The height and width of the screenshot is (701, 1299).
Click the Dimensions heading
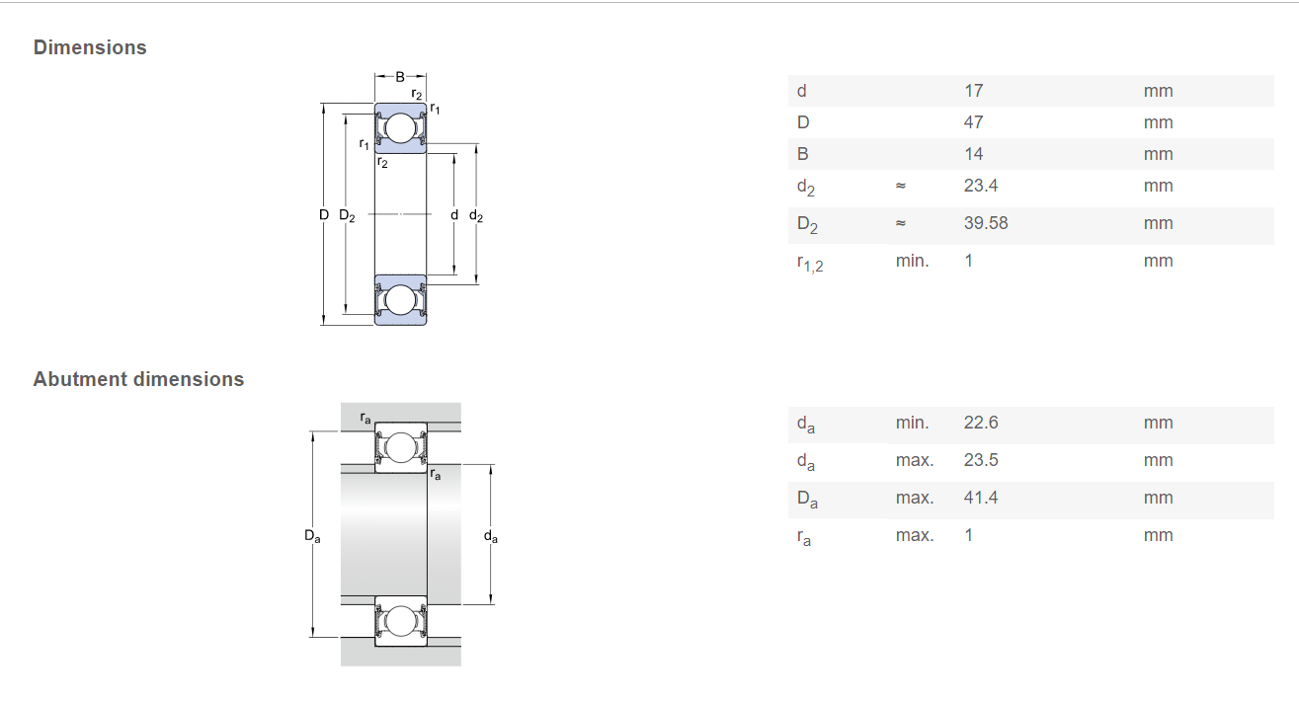coord(90,47)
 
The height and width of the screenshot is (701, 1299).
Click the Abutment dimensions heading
coord(138,379)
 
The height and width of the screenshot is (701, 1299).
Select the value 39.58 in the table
coord(986,223)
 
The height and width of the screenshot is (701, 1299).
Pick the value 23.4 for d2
coord(981,186)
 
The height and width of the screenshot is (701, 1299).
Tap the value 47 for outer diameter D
coord(973,122)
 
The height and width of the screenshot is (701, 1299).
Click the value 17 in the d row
coord(973,91)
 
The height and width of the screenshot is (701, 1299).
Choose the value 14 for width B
coord(973,154)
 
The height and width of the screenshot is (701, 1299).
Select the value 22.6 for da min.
coord(981,423)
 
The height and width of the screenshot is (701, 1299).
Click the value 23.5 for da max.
coord(981,460)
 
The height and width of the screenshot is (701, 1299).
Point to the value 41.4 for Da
coord(981,498)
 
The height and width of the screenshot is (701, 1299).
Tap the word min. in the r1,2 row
coord(912,261)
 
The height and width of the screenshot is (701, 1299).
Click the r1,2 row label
coord(810,264)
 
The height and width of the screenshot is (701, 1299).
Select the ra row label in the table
coord(804,537)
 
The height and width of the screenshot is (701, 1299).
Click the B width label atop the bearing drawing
coord(400,77)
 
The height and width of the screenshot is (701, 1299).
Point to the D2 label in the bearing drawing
coord(347,215)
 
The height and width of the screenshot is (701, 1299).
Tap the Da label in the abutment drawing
coord(312,536)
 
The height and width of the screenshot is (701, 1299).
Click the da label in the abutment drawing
coord(491,536)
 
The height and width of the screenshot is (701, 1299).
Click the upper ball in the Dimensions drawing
coord(400,128)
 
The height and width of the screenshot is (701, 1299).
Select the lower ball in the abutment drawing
coord(400,620)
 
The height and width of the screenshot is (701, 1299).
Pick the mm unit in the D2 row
coord(1158,223)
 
